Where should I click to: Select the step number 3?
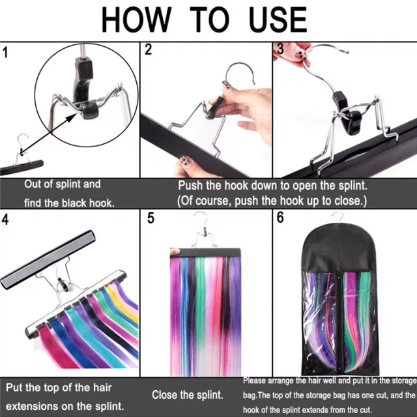click(x=280, y=49)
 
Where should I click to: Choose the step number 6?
click(x=280, y=218)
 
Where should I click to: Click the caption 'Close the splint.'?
click(x=188, y=395)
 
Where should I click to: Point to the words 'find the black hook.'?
click(x=69, y=203)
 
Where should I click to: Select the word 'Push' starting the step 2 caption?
click(x=192, y=185)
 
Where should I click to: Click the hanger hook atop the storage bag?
click(x=338, y=218)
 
